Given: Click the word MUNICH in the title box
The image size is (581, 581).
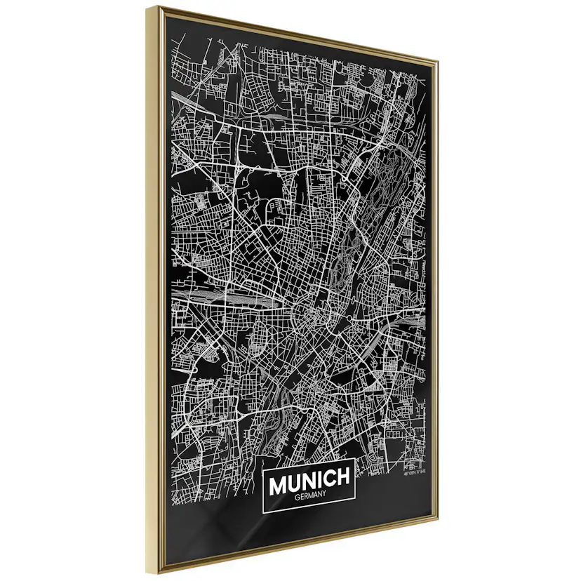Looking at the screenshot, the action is pos(309,479).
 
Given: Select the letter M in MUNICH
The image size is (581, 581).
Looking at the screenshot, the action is pos(277,481).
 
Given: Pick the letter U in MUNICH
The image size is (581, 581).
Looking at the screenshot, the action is pos(295,480).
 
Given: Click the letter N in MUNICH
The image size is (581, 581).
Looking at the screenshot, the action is pos(311,479).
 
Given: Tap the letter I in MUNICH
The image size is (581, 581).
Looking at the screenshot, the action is pos(322,479).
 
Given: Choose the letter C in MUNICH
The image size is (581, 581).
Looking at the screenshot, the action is pos(331,479).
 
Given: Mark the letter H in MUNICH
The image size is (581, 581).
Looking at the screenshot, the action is pos(344,478).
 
